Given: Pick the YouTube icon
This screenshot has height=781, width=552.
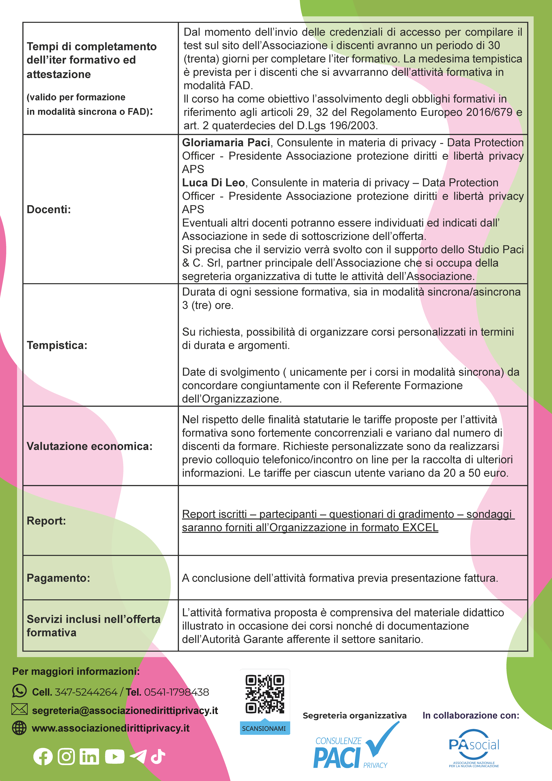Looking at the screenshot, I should point(115,757).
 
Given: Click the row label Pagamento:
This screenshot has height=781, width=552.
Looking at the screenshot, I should point(58,578).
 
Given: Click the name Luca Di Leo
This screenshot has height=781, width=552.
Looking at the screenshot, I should point(213,183).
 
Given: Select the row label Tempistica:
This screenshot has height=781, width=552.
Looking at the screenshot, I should point(57,345).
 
